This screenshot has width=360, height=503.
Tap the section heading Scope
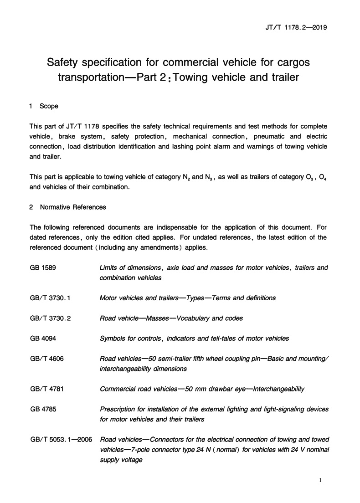click(49, 106)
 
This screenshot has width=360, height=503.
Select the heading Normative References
click(73, 207)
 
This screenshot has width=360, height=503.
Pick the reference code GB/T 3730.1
click(50, 298)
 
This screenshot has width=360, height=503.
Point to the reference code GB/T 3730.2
click(50, 318)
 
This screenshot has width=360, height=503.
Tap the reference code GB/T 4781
click(46, 389)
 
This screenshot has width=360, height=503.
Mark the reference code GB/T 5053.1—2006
click(60, 440)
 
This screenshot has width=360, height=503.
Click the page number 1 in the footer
click(321, 480)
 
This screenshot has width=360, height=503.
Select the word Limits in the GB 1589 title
click(108, 267)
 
